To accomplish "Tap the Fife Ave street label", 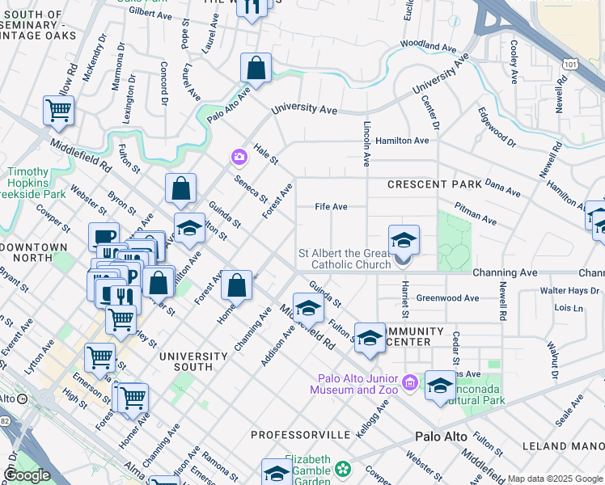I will (331, 207).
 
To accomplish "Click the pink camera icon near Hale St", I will (239, 156).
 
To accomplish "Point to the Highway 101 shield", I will (572, 63).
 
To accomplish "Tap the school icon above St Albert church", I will (404, 239).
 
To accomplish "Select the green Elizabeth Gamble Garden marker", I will (344, 469).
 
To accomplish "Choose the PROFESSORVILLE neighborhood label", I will (301, 435).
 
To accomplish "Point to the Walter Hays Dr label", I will (570, 290).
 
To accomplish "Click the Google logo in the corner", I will (27, 475).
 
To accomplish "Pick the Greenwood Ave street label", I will (447, 298).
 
